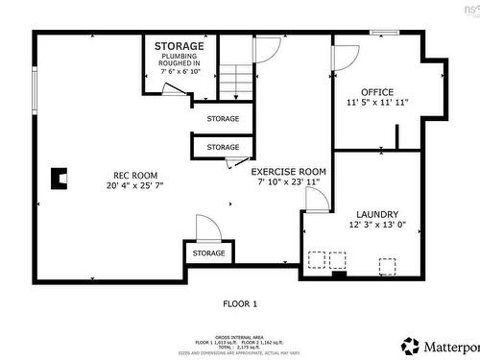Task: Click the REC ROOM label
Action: click(x=129, y=175)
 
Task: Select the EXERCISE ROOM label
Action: click(x=285, y=171)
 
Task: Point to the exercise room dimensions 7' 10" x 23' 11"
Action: click(x=285, y=180)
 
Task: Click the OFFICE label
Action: click(x=377, y=92)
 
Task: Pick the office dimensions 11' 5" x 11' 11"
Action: click(x=377, y=102)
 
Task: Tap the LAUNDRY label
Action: click(x=377, y=214)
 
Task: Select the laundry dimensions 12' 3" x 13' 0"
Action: click(x=377, y=225)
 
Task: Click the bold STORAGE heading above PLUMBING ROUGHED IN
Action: click(x=180, y=46)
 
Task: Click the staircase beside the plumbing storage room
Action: click(x=235, y=81)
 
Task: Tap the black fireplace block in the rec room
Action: click(x=60, y=178)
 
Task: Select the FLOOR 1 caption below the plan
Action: click(x=240, y=303)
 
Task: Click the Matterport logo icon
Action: click(x=411, y=345)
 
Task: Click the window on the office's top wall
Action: click(x=385, y=33)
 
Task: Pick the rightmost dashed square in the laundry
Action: click(x=387, y=265)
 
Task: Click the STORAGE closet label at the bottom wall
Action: click(x=208, y=253)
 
